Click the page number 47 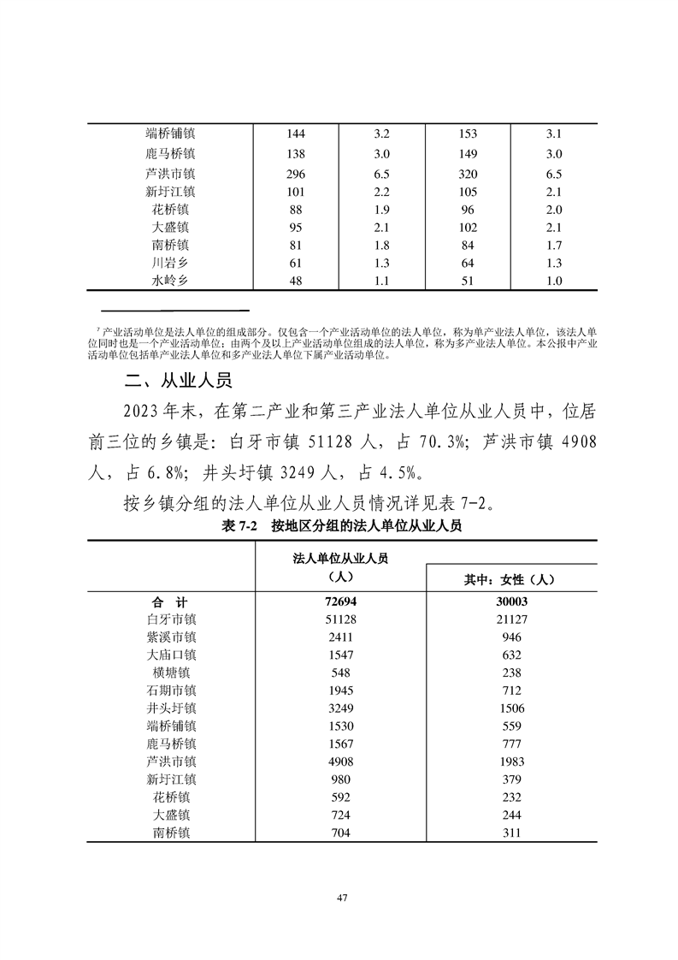tap(341, 898)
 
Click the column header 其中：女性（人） tap(510, 579)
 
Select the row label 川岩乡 tap(171, 263)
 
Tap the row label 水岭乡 tap(171, 281)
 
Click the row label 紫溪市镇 tap(171, 637)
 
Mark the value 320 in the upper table tap(468, 173)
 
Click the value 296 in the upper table tap(297, 173)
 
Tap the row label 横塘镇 tap(171, 673)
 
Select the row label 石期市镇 tap(171, 690)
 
